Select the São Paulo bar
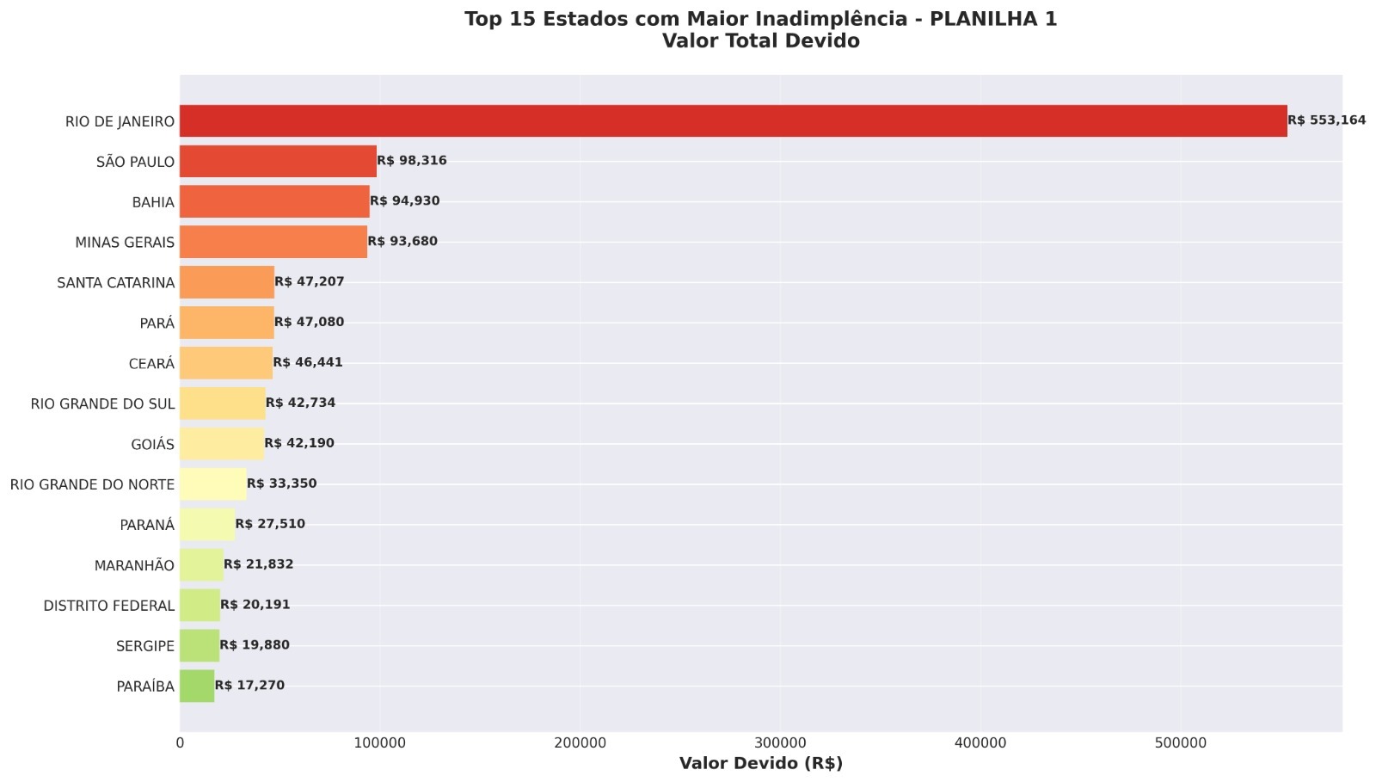click(278, 162)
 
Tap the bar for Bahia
click(274, 201)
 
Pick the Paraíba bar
click(197, 686)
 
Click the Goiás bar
click(222, 444)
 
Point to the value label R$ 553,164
click(1326, 120)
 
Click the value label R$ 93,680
click(402, 242)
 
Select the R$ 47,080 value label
click(309, 322)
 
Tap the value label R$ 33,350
click(281, 483)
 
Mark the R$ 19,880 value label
click(255, 645)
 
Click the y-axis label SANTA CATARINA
click(115, 283)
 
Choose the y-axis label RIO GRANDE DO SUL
click(102, 403)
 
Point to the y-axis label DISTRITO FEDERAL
click(108, 606)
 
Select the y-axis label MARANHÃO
click(134, 565)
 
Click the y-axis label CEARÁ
click(151, 364)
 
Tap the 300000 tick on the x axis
click(780, 743)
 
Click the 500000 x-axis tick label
click(1180, 743)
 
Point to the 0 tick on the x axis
click(180, 743)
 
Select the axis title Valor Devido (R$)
click(760, 763)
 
